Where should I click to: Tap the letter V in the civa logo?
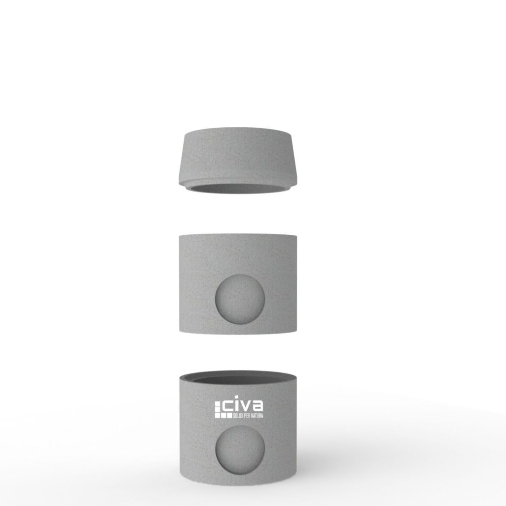tap(246, 406)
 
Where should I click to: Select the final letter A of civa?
tap(258, 406)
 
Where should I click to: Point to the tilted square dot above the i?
tap(236, 397)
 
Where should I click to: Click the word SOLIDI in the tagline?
tap(238, 416)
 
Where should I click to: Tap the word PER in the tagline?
tap(247, 416)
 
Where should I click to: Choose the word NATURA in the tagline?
tap(257, 416)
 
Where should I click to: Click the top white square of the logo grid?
tap(218, 404)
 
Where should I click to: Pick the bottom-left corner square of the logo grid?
tap(218, 415)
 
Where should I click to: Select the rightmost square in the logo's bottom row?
tap(229, 415)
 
